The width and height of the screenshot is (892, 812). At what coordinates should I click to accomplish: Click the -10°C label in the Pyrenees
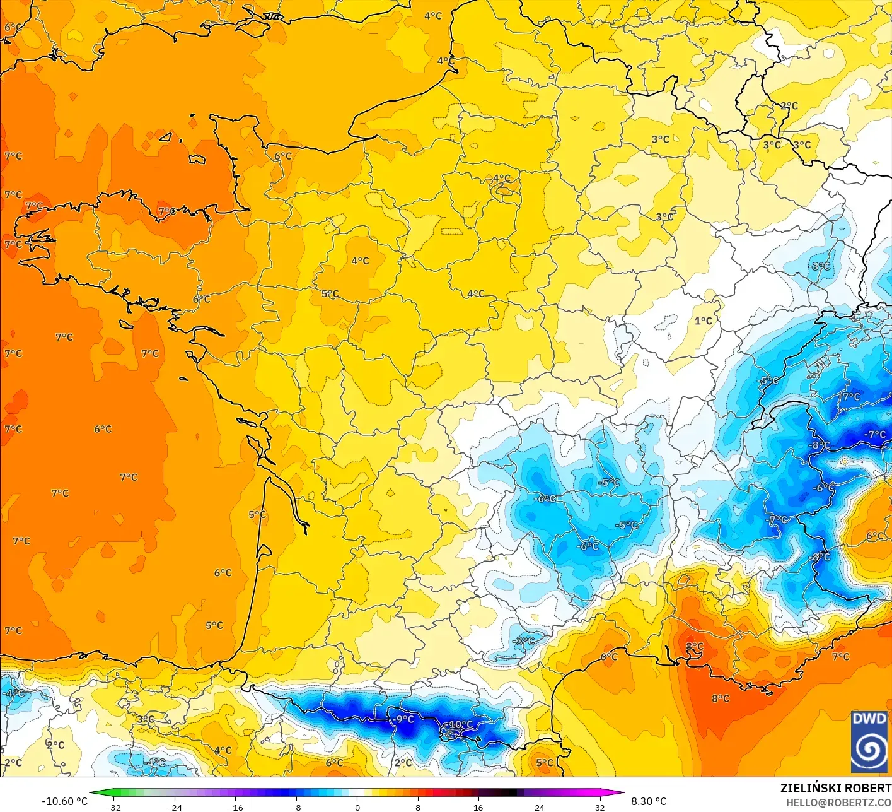click(460, 724)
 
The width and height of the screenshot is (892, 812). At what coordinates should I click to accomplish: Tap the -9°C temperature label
click(403, 719)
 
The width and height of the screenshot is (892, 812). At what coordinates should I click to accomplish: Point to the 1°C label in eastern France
click(704, 321)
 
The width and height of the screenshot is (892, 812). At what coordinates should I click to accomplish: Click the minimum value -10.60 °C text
click(64, 801)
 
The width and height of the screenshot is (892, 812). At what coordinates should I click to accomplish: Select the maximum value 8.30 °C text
click(649, 801)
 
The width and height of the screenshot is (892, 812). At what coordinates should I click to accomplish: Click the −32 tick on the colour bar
click(113, 808)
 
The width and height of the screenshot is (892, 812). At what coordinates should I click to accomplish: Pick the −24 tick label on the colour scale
click(175, 808)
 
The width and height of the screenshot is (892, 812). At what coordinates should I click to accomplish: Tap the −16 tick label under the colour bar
click(235, 808)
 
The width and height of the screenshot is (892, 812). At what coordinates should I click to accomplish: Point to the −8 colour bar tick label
click(296, 808)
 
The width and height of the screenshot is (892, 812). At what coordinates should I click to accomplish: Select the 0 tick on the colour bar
click(357, 808)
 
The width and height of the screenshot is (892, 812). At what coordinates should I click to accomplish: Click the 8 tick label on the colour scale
click(418, 808)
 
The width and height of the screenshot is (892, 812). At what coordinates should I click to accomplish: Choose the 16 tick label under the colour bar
click(478, 808)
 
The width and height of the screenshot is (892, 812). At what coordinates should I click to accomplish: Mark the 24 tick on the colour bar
click(540, 808)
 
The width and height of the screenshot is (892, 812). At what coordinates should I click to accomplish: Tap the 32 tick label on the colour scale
click(600, 808)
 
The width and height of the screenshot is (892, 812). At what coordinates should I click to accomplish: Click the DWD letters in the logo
click(869, 719)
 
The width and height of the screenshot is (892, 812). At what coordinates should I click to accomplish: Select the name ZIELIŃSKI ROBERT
click(835, 788)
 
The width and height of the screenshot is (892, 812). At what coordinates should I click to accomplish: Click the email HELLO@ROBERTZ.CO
click(838, 803)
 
